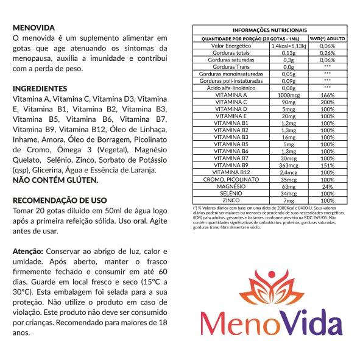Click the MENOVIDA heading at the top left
pyautogui.click(x=34, y=28)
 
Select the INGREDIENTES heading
pyautogui.click(x=40, y=88)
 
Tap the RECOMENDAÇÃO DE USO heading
pyautogui.click(x=60, y=200)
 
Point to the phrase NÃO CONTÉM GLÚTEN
pyautogui.click(x=55, y=180)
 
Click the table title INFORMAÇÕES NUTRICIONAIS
pyautogui.click(x=269, y=30)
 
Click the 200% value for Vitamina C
pyautogui.click(x=327, y=102)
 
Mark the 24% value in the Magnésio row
pyautogui.click(x=327, y=186)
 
